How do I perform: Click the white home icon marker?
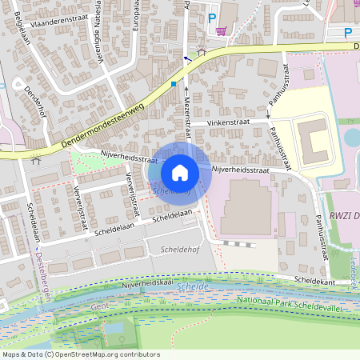tap(180, 173)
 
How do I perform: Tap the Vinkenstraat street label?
tap(227, 122)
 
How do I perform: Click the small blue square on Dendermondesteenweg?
tap(173, 83)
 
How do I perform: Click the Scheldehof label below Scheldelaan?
tap(178, 250)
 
